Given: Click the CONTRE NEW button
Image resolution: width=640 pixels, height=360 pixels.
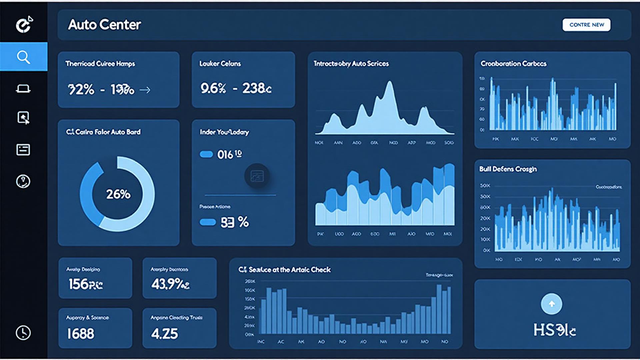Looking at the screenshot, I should click(x=586, y=25).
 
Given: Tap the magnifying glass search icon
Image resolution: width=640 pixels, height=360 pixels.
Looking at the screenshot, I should click(x=23, y=57).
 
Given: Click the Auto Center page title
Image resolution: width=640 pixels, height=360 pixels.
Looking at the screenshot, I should click(x=104, y=25).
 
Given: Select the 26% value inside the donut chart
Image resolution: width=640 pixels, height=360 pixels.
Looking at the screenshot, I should click(x=118, y=194).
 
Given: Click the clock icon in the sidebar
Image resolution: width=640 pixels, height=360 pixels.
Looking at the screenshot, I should click(x=23, y=333).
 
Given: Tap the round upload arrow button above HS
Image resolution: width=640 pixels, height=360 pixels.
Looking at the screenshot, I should click(x=551, y=304).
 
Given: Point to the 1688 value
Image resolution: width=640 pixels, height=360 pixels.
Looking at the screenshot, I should click(x=81, y=334).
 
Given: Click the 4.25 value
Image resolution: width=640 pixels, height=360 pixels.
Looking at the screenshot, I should click(x=164, y=334).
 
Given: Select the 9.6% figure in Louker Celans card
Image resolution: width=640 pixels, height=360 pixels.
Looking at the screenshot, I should click(x=213, y=88).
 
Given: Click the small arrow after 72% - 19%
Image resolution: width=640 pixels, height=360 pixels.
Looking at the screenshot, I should click(x=145, y=90).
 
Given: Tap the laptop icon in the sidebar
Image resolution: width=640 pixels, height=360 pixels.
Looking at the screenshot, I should click(x=23, y=89).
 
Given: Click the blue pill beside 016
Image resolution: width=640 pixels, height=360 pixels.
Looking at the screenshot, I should click(x=206, y=154).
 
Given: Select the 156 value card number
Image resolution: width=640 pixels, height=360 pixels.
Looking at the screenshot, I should click(x=86, y=284).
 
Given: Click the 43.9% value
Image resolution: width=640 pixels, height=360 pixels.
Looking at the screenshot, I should click(x=170, y=284).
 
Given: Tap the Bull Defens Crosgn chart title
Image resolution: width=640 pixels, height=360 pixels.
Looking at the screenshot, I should click(x=508, y=169).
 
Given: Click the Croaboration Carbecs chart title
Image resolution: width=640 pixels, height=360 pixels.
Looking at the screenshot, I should click(x=513, y=63).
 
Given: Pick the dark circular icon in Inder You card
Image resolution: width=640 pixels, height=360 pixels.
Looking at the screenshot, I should click(x=257, y=176).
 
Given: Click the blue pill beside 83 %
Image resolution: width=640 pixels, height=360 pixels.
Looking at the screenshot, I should click(x=208, y=222).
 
